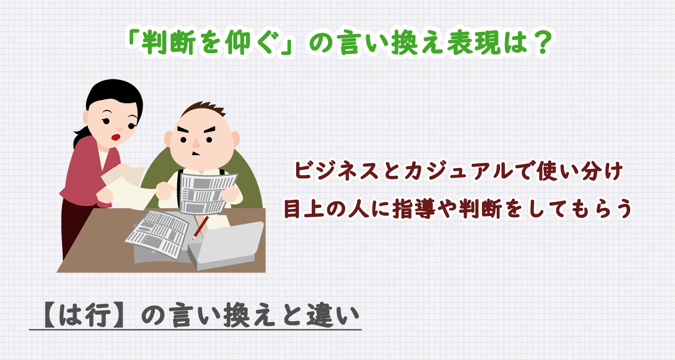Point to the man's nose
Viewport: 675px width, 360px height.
coord(196,142)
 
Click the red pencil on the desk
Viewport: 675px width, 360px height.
coord(201,227)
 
